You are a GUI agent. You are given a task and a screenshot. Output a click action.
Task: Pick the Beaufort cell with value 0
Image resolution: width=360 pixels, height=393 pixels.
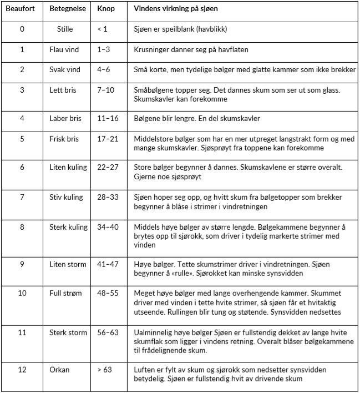[x=22, y=29]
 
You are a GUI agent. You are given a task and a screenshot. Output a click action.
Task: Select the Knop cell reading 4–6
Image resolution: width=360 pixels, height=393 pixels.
[x=104, y=70]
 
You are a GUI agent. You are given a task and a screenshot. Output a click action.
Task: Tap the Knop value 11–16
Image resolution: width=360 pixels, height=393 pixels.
[x=108, y=118]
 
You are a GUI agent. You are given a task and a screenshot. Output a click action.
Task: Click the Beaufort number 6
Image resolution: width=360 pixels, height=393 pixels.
[x=22, y=167]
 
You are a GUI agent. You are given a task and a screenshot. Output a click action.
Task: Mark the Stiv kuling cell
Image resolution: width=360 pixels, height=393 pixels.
[x=66, y=197]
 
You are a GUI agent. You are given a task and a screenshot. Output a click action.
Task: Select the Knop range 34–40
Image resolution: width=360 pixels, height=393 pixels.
[x=108, y=227]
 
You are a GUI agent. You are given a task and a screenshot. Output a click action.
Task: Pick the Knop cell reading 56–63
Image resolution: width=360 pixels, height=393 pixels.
[x=108, y=332]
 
